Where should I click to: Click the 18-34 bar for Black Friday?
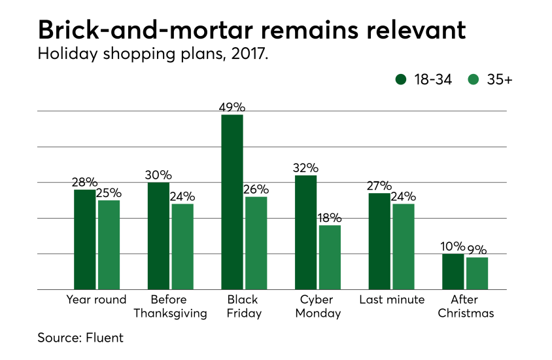tap(232, 202)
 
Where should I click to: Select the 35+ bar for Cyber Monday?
tap(330, 257)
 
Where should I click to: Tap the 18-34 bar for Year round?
tap(84, 239)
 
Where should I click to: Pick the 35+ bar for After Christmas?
tap(477, 273)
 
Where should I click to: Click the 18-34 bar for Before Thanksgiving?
tap(158, 236)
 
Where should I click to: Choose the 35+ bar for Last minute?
tap(404, 246)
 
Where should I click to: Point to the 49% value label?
tap(232, 107)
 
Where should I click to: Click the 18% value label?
tap(330, 217)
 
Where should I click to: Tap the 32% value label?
tap(306, 168)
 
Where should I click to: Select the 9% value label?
tap(477, 249)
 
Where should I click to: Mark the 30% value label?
tap(158, 175)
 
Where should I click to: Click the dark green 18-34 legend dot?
tap(401, 80)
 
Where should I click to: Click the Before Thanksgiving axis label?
tap(170, 306)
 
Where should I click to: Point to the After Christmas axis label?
tap(466, 306)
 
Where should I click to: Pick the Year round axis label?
tap(96, 300)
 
